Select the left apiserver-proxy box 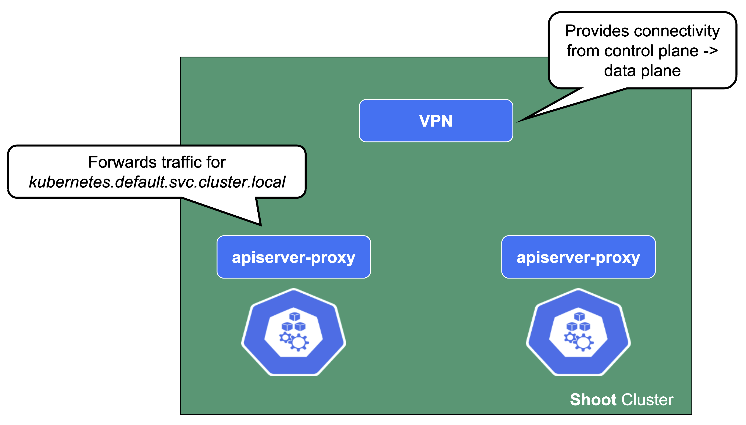click(294, 257)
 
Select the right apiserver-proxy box click(578, 257)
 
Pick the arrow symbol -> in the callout click(710, 51)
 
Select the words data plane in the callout click(642, 71)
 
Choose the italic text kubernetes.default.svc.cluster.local click(157, 182)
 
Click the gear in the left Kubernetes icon click(298, 342)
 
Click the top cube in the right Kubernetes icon click(579, 317)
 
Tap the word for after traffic click(216, 162)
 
